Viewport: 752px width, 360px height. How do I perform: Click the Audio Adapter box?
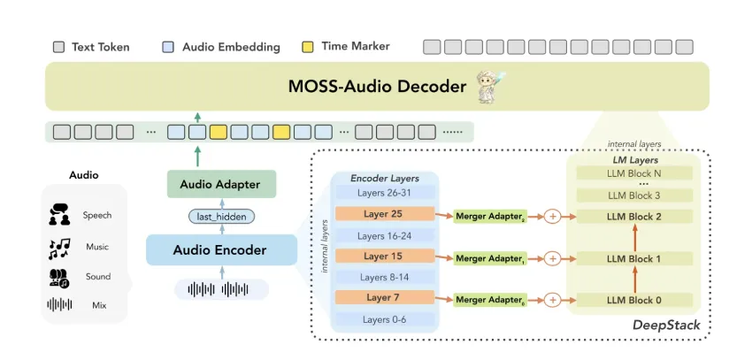pyautogui.click(x=220, y=184)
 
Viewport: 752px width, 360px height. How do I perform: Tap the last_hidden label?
pyautogui.click(x=221, y=216)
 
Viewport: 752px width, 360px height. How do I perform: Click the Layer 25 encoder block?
pyautogui.click(x=384, y=214)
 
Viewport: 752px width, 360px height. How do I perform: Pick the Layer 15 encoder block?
pyautogui.click(x=384, y=257)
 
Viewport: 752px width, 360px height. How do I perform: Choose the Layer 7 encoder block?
pyautogui.click(x=384, y=298)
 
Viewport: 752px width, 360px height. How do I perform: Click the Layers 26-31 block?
pyautogui.click(x=384, y=192)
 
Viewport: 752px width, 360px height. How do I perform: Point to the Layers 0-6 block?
pyautogui.click(x=384, y=319)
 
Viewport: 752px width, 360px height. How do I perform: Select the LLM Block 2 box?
pyautogui.click(x=633, y=216)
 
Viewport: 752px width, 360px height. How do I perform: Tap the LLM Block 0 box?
pyautogui.click(x=633, y=301)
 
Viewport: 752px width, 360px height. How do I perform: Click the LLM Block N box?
pyautogui.click(x=633, y=173)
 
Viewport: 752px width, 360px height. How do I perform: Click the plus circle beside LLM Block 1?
pyautogui.click(x=553, y=258)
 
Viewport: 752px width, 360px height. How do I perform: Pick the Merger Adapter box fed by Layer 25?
pyautogui.click(x=490, y=216)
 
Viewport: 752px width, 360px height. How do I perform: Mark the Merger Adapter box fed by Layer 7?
pyautogui.click(x=490, y=301)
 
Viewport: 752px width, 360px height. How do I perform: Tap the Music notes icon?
pyautogui.click(x=59, y=248)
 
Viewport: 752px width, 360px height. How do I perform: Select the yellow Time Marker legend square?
pyautogui.click(x=307, y=46)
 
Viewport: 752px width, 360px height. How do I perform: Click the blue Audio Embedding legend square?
pyautogui.click(x=169, y=46)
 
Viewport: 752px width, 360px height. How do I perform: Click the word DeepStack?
pyautogui.click(x=666, y=326)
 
